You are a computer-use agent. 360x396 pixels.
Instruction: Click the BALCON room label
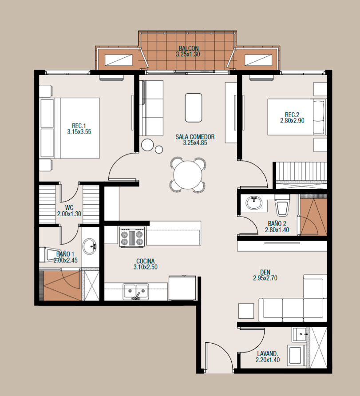tap(189, 48)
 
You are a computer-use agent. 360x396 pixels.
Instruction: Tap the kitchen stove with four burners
tap(132, 236)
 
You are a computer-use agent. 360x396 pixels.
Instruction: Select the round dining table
tap(188, 175)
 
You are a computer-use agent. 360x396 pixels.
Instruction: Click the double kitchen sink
tap(135, 291)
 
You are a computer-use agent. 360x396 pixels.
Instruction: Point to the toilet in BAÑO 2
tap(282, 205)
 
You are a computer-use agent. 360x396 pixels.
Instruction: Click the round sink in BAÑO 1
tap(89, 246)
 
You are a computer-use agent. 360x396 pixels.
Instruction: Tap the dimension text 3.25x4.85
tap(195, 143)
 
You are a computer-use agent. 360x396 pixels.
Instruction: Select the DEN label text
tap(265, 272)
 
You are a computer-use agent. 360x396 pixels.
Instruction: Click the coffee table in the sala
tap(194, 107)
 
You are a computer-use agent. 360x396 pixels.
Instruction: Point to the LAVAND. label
tap(268, 354)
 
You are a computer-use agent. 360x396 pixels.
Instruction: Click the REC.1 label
tap(79, 126)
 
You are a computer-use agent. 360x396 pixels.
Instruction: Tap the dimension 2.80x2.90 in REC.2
tap(292, 121)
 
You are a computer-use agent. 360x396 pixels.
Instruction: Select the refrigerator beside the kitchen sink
tap(182, 288)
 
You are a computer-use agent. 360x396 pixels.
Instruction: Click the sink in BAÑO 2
tap(254, 202)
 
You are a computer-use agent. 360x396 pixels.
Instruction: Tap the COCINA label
tap(146, 261)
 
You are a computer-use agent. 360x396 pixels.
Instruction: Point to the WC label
tap(69, 208)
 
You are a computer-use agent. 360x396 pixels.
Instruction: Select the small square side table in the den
tap(246, 311)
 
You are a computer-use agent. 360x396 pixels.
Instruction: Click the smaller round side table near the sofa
tap(159, 150)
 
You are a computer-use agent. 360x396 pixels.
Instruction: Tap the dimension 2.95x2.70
tap(265, 278)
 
